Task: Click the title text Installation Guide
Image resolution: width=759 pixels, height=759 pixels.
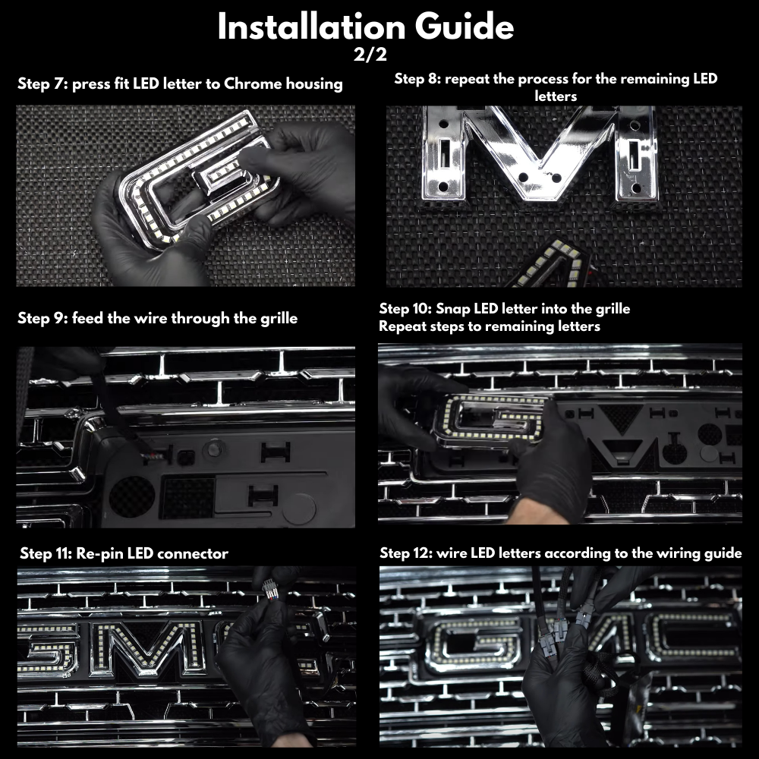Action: (x=365, y=27)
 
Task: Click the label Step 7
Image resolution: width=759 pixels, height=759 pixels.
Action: (x=42, y=83)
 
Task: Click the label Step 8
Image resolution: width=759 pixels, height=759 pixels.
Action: (x=418, y=79)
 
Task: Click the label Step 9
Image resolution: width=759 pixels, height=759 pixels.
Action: (x=42, y=318)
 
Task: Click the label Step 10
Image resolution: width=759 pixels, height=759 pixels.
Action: (x=405, y=309)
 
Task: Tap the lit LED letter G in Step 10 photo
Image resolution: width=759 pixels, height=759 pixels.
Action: (x=493, y=417)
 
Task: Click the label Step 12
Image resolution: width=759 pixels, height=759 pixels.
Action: (x=406, y=553)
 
